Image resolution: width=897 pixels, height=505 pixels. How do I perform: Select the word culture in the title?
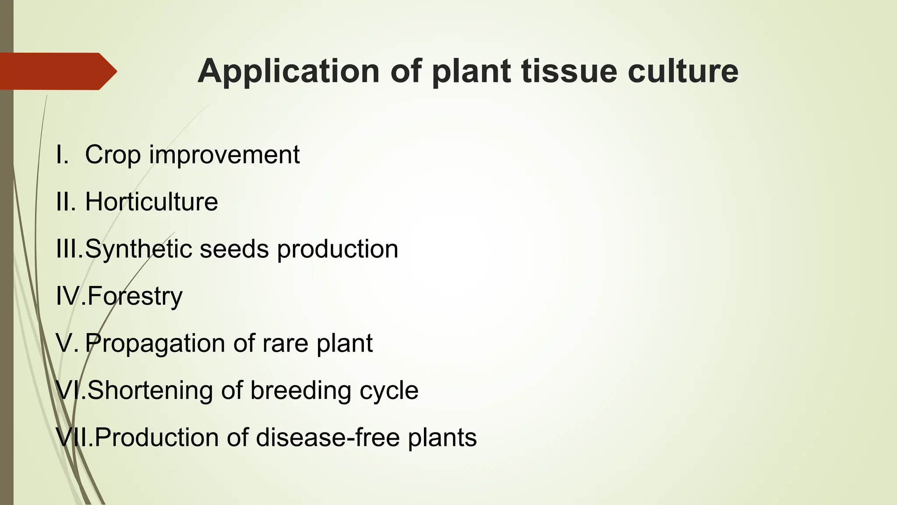683,71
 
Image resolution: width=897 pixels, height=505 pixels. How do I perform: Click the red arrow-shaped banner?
57,71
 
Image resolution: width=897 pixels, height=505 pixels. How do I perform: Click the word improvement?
224,155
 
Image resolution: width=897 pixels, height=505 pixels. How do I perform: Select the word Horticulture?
151,202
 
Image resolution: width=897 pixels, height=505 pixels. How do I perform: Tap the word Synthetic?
138,249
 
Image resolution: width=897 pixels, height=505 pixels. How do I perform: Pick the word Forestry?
134,296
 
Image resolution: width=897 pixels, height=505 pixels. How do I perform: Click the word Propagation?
155,343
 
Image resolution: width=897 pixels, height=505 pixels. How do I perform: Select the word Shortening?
150,390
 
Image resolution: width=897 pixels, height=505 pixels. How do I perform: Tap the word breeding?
300,390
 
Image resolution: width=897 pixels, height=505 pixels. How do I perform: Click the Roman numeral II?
65,202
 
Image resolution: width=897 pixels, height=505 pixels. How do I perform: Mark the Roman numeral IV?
67,296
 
